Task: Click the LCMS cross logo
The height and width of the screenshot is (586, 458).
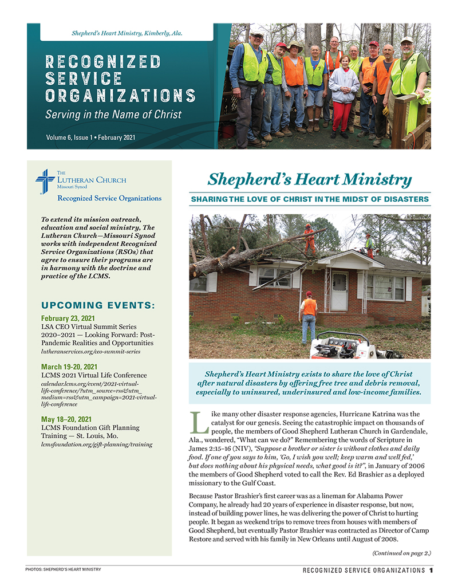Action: coord(45,182)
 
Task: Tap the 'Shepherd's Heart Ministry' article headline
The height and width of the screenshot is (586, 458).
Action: coord(309,180)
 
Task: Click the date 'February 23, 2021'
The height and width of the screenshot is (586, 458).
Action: coord(68,318)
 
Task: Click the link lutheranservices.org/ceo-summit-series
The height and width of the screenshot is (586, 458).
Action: coord(90,351)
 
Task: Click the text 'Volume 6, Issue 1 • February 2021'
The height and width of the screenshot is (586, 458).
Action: coord(90,137)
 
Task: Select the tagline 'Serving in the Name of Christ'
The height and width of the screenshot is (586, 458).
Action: coord(113,114)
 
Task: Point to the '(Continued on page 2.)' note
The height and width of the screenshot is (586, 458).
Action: coord(401,553)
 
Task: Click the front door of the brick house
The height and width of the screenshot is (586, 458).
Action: coord(339,291)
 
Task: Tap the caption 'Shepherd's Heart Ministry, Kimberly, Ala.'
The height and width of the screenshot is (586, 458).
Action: coord(127,34)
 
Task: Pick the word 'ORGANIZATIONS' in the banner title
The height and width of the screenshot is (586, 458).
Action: coord(121,96)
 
